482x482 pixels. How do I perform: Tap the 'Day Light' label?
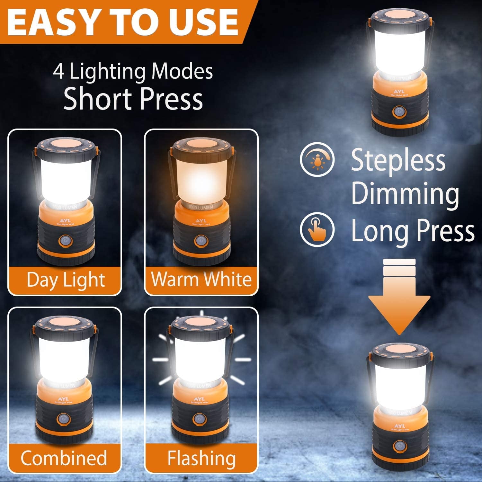coord(66,280)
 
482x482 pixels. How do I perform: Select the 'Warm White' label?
coord(201,279)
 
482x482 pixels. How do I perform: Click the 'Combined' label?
coord(64,458)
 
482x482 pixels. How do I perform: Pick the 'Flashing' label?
coord(201,458)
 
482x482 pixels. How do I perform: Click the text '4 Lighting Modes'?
coord(133,71)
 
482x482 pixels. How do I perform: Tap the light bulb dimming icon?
coord(317,159)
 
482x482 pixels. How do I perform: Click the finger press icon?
coord(317,229)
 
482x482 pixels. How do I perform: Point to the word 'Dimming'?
coord(405,194)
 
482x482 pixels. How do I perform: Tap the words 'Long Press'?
coord(413,231)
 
